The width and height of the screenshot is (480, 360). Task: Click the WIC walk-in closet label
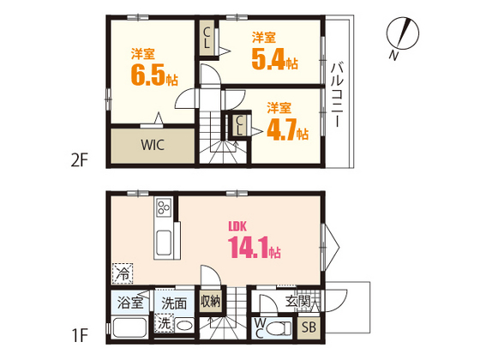coord(153,145)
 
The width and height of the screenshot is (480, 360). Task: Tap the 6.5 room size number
coord(148,75)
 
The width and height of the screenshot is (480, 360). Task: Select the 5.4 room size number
coord(268,59)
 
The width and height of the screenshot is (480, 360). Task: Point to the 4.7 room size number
coord(282,129)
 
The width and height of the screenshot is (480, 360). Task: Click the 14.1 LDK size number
coord(249,247)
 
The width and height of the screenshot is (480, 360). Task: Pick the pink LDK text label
coord(237,226)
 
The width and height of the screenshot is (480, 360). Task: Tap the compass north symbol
coord(402,33)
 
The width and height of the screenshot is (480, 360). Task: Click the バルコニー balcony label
coord(337,94)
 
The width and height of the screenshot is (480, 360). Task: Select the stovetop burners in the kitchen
coord(164,207)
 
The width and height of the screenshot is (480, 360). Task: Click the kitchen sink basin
coord(163,243)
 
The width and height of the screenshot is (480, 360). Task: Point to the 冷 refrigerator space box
coord(123,273)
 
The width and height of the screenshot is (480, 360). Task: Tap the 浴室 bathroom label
coord(130,303)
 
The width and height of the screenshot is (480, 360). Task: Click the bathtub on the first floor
coord(129,327)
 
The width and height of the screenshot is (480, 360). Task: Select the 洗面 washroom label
coord(174,303)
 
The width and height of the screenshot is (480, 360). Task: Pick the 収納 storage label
coord(211,302)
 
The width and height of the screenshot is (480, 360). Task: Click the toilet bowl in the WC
coord(279,329)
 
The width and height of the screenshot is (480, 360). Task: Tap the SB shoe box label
coord(309,327)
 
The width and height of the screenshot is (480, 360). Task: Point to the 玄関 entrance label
coord(298,302)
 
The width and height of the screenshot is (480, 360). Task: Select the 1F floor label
coord(81,334)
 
